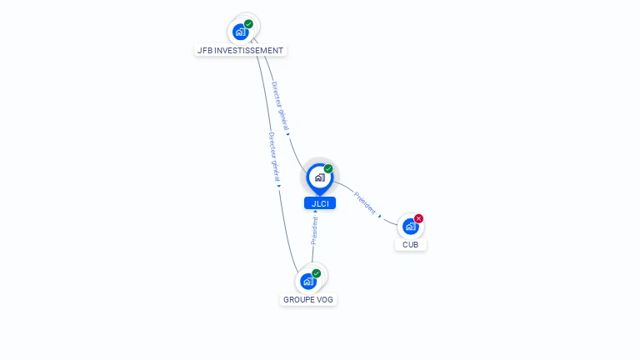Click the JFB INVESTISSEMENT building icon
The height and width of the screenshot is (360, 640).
[x=241, y=32]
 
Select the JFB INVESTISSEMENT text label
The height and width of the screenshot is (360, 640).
[x=240, y=50]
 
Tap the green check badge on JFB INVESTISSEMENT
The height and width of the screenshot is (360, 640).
[x=248, y=24]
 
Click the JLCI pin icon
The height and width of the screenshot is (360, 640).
[x=319, y=177]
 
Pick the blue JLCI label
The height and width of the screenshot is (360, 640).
[x=320, y=203]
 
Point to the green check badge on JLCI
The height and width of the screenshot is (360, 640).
[x=328, y=168]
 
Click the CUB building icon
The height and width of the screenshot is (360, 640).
[x=409, y=226]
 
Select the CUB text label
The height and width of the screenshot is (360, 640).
[x=410, y=245]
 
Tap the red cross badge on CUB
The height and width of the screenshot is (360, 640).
[x=418, y=218]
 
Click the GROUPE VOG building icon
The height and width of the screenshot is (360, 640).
[x=307, y=281]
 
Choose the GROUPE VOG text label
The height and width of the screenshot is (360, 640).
[x=309, y=299]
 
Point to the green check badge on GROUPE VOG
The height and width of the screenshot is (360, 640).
[x=317, y=273]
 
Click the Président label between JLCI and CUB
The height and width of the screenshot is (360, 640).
[x=364, y=202]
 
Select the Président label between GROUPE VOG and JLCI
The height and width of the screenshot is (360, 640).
[x=314, y=230]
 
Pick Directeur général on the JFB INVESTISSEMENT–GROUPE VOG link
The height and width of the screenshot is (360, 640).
[x=273, y=156]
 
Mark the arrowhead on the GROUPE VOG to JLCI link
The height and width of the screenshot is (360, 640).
[x=315, y=212]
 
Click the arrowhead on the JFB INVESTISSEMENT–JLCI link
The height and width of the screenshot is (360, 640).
[x=287, y=132]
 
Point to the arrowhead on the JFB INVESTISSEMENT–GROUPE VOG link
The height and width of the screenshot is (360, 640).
[x=279, y=186]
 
